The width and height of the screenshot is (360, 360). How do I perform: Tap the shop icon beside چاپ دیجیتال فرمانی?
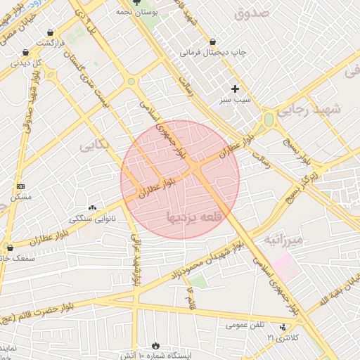coord(213,42)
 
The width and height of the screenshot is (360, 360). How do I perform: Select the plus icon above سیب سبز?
coord(235,89)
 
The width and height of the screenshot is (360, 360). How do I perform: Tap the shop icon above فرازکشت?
coord(50,32)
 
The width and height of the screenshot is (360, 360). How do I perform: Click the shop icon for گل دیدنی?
coord(26,52)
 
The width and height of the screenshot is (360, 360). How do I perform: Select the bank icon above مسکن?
coord(20,186)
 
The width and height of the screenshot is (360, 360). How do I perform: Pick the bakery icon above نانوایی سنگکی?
coord(92,207)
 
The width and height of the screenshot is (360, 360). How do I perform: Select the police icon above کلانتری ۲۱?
coord(283,327)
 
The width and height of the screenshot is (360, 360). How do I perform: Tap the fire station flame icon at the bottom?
coord(155,346)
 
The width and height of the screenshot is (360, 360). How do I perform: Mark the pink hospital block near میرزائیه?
coord(285,266)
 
